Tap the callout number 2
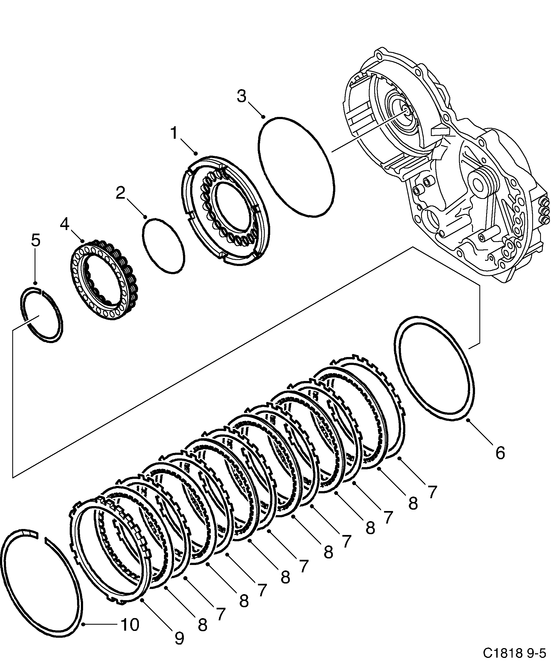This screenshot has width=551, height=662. click(120, 193)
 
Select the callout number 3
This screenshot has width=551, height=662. click(241, 96)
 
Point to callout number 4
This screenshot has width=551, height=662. click(65, 225)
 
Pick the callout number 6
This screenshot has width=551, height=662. click(500, 453)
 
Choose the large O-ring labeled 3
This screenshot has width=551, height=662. click(296, 167)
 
